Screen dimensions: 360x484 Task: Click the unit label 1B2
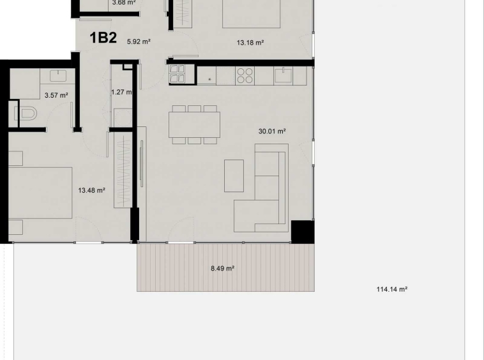(x=103, y=38)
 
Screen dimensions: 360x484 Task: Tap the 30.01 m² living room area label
(x=271, y=131)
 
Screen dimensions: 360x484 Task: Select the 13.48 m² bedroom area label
(x=91, y=190)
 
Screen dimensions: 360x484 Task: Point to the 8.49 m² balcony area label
(x=222, y=269)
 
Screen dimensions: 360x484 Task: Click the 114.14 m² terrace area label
(x=391, y=289)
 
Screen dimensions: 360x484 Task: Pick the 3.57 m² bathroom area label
(x=56, y=95)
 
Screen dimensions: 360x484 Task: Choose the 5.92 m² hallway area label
(x=139, y=42)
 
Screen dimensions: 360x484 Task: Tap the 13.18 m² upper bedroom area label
(x=250, y=43)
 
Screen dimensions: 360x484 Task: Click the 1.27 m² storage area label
(x=121, y=92)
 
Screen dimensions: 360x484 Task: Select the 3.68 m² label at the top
(x=123, y=3)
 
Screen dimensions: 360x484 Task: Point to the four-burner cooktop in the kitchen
(x=245, y=76)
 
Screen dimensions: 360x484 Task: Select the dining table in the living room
(x=195, y=124)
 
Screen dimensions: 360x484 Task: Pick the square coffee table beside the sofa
(x=234, y=176)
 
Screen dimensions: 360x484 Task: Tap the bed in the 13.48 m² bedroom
(x=40, y=193)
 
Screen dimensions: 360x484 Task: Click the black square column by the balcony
(x=302, y=231)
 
